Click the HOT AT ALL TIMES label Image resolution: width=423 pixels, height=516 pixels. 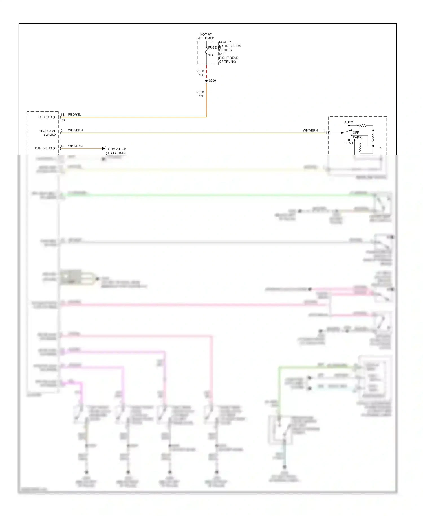(206, 36)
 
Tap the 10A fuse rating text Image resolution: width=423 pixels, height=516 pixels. (211, 55)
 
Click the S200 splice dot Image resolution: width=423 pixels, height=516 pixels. (206, 81)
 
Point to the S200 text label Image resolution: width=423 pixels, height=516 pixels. (212, 81)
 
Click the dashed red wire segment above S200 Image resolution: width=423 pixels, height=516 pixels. (206, 73)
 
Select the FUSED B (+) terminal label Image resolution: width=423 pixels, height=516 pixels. (47, 117)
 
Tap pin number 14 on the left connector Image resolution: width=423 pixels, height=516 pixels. (63, 115)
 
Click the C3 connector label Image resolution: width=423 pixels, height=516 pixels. (63, 120)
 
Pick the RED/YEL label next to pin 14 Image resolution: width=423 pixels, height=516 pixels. (75, 115)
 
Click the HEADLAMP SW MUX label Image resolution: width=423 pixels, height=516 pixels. (48, 133)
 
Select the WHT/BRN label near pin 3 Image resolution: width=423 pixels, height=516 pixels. (75, 130)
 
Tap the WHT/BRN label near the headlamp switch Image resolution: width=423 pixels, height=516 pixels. (310, 130)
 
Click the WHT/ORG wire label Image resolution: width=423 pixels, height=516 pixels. (76, 146)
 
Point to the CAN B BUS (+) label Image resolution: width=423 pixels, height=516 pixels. (46, 148)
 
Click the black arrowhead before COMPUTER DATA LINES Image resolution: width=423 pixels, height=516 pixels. (103, 148)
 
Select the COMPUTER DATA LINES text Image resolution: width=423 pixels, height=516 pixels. (117, 151)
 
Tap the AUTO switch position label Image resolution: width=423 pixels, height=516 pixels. (349, 122)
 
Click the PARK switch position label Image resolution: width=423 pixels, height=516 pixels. (357, 137)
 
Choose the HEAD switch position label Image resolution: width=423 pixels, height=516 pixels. (349, 143)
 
